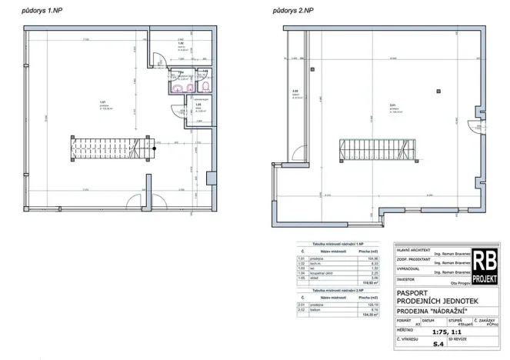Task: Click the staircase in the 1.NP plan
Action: click(x=108, y=144)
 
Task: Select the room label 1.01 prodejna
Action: click(x=103, y=106)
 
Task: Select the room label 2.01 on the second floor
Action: click(x=392, y=107)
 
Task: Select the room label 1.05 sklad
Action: click(x=198, y=108)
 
